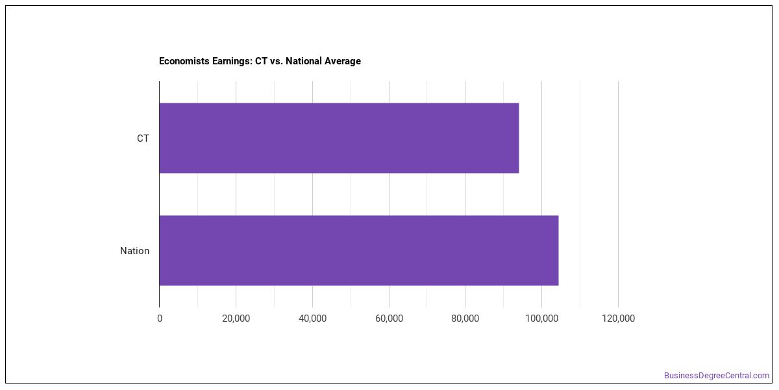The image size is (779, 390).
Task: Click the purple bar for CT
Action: (339, 138)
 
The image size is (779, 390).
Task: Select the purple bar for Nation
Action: (359, 250)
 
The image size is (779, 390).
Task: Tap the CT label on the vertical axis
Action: (143, 138)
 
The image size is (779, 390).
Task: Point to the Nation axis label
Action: (134, 251)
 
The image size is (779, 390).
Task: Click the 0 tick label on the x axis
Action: (160, 318)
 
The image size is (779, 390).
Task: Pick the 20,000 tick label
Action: (236, 318)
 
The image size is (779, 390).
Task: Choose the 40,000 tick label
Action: (313, 318)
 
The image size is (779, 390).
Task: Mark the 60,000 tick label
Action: (389, 318)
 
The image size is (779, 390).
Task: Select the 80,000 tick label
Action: (465, 318)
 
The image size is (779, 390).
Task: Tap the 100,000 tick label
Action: (542, 318)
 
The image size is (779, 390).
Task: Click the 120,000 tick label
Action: (618, 318)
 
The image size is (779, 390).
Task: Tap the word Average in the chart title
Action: (343, 61)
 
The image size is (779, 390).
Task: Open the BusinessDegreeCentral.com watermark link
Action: (717, 376)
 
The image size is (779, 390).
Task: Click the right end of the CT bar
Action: (519, 138)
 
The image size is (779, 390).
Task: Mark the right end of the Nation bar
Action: (558, 250)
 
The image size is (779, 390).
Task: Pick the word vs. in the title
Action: (277, 61)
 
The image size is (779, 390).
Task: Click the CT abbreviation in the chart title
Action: (261, 61)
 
